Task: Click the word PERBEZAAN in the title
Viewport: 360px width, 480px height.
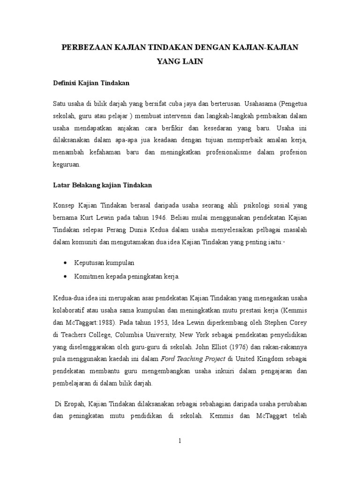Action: pyautogui.click(x=86, y=47)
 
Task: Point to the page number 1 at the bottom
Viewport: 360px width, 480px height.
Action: pyautogui.click(x=180, y=441)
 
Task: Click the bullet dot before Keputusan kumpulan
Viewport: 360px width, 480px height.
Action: pyautogui.click(x=64, y=263)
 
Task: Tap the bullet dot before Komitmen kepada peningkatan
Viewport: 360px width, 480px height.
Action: pyautogui.click(x=64, y=277)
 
